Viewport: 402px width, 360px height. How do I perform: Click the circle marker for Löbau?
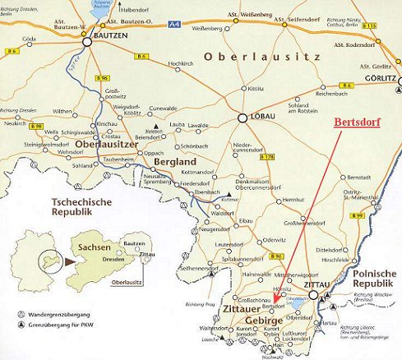[x=243, y=118]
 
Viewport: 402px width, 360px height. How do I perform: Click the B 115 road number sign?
[x=393, y=28]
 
